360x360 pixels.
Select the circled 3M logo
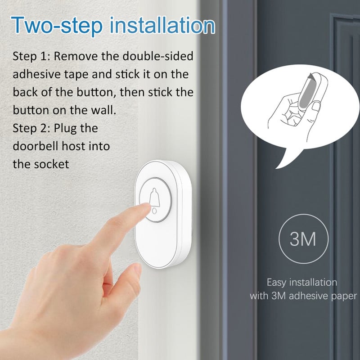pos(302,239)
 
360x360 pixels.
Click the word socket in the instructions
pos(53,164)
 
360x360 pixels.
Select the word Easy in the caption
pos(276,283)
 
